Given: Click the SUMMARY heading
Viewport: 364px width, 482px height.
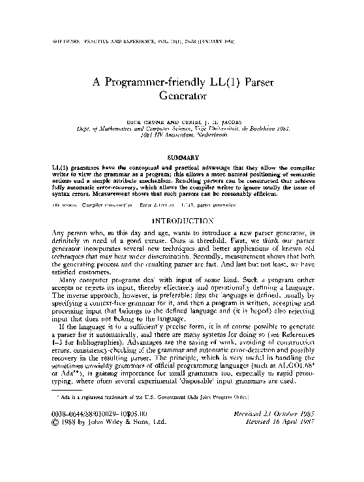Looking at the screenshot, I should pyautogui.click(x=182, y=158).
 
